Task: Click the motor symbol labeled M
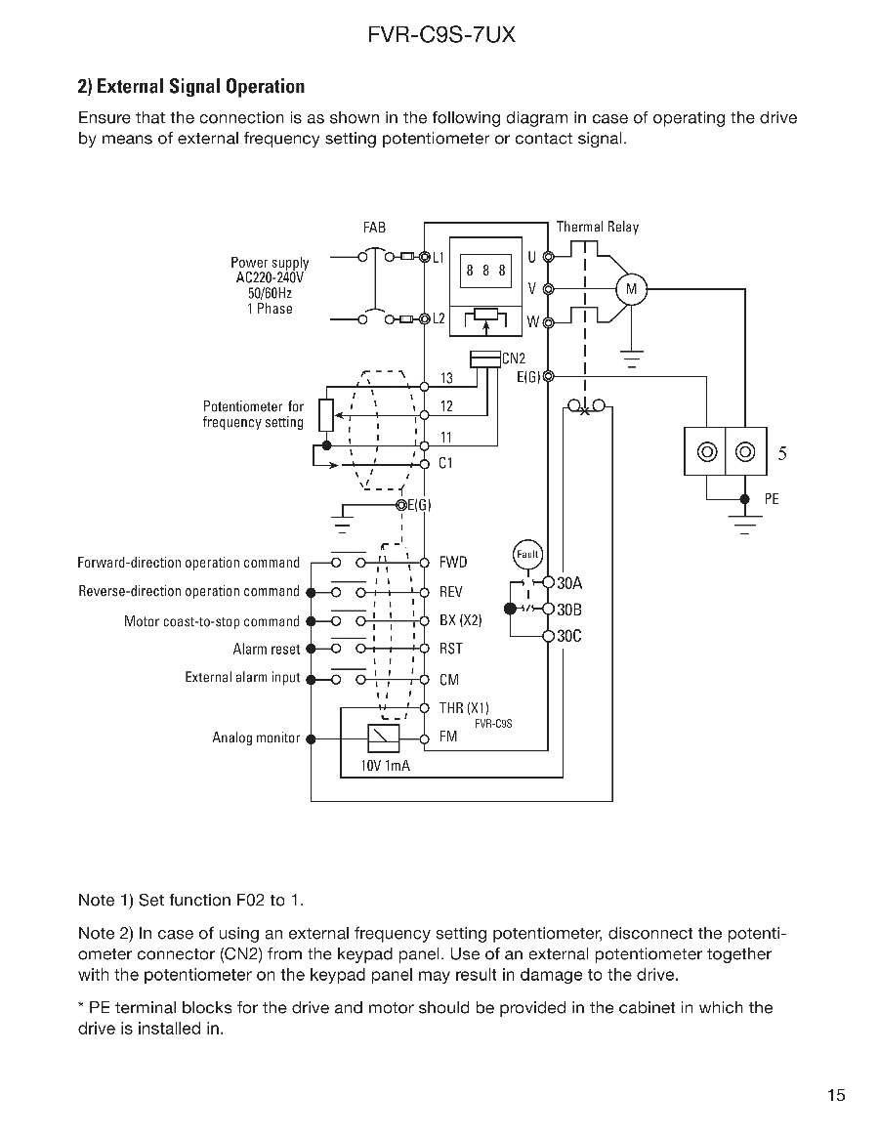coord(631,288)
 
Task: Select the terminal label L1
coord(439,258)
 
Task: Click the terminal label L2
coord(439,319)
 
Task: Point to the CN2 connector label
coord(514,358)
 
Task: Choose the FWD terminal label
coord(453,563)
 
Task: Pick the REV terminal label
coord(451,592)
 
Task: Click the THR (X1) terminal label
coord(464,708)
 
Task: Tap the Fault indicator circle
coord(527,554)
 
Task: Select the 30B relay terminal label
coord(569,611)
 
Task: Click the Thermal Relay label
coord(597,227)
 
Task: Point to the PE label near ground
coord(772,499)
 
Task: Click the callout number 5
coord(782,453)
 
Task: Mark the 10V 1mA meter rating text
coord(386,766)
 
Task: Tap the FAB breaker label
coord(374,227)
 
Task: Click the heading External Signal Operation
coord(190,87)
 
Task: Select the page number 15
coord(835,1095)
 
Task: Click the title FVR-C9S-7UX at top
coord(440,36)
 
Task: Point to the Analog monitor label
coord(256,738)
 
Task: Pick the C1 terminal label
coord(445,464)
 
